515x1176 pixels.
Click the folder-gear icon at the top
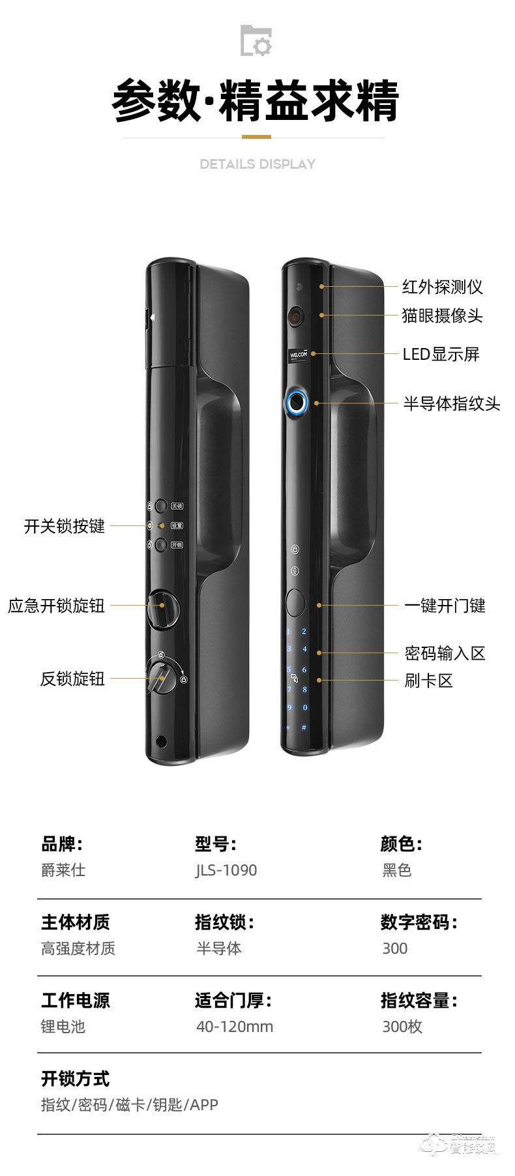coord(256,40)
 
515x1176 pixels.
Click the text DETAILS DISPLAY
coord(257,164)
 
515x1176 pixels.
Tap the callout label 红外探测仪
coord(442,287)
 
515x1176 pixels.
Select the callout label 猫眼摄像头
coord(442,316)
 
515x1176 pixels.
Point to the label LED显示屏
coord(441,355)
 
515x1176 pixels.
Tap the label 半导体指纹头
coord(451,404)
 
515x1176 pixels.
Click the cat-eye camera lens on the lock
coord(296,316)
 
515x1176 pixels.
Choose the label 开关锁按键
coord(64,526)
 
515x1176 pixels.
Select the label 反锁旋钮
coord(72,679)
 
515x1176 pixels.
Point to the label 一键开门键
coord(445,606)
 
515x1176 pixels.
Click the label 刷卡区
coord(428,681)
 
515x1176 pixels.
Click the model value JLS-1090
coord(226,870)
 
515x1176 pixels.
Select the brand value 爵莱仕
coord(63,870)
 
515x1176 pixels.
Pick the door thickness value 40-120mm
coord(235,1027)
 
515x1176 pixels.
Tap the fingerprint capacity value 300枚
coord(402,1027)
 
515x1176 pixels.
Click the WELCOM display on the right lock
coord(298,356)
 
